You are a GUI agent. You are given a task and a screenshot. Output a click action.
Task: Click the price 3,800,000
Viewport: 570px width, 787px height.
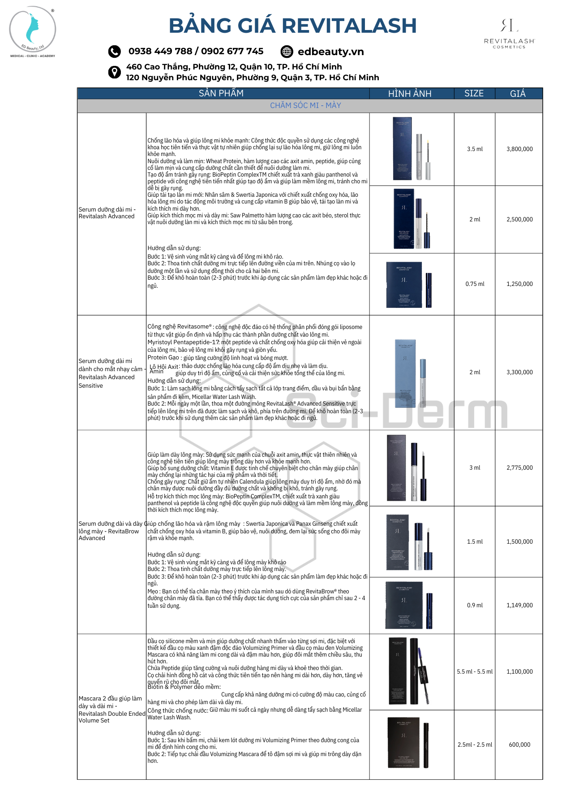click(x=519, y=149)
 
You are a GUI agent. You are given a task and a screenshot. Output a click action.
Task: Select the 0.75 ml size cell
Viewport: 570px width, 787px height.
click(x=475, y=284)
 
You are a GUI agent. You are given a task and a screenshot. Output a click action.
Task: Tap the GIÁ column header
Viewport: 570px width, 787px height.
click(x=518, y=94)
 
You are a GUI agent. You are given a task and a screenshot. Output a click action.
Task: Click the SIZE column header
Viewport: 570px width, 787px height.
click(x=474, y=94)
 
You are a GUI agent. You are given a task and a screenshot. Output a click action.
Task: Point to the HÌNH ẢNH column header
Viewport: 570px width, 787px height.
click(x=410, y=94)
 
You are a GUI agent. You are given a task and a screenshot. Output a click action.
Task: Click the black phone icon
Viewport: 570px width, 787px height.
click(x=115, y=52)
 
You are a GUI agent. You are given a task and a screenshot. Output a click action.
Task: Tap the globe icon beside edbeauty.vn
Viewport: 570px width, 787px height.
click(x=287, y=52)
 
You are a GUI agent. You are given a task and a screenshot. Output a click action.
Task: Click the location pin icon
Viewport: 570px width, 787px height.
click(x=115, y=72)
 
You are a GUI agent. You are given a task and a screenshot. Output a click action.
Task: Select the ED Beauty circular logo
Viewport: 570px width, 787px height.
click(x=33, y=30)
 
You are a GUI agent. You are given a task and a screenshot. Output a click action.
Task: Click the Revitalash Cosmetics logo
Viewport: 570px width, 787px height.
click(x=509, y=33)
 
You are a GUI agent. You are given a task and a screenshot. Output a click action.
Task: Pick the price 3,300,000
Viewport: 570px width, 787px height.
click(x=519, y=372)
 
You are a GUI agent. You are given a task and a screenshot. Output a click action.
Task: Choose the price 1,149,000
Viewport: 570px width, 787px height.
click(x=519, y=605)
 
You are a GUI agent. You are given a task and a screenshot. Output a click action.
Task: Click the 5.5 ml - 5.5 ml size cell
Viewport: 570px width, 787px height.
click(x=475, y=671)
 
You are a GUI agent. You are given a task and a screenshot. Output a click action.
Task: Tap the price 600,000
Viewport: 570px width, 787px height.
click(x=519, y=744)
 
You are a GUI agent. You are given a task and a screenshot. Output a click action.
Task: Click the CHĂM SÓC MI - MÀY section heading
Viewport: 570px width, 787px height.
click(x=305, y=106)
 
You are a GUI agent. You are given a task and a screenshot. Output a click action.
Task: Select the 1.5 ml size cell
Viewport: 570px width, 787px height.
click(x=475, y=541)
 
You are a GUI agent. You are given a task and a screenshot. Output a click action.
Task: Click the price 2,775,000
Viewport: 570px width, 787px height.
click(x=519, y=467)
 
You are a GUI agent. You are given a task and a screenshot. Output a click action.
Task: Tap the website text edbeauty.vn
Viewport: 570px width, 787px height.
click(x=330, y=52)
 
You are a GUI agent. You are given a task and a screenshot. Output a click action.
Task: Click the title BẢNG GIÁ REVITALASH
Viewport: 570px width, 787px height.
click(x=292, y=26)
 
